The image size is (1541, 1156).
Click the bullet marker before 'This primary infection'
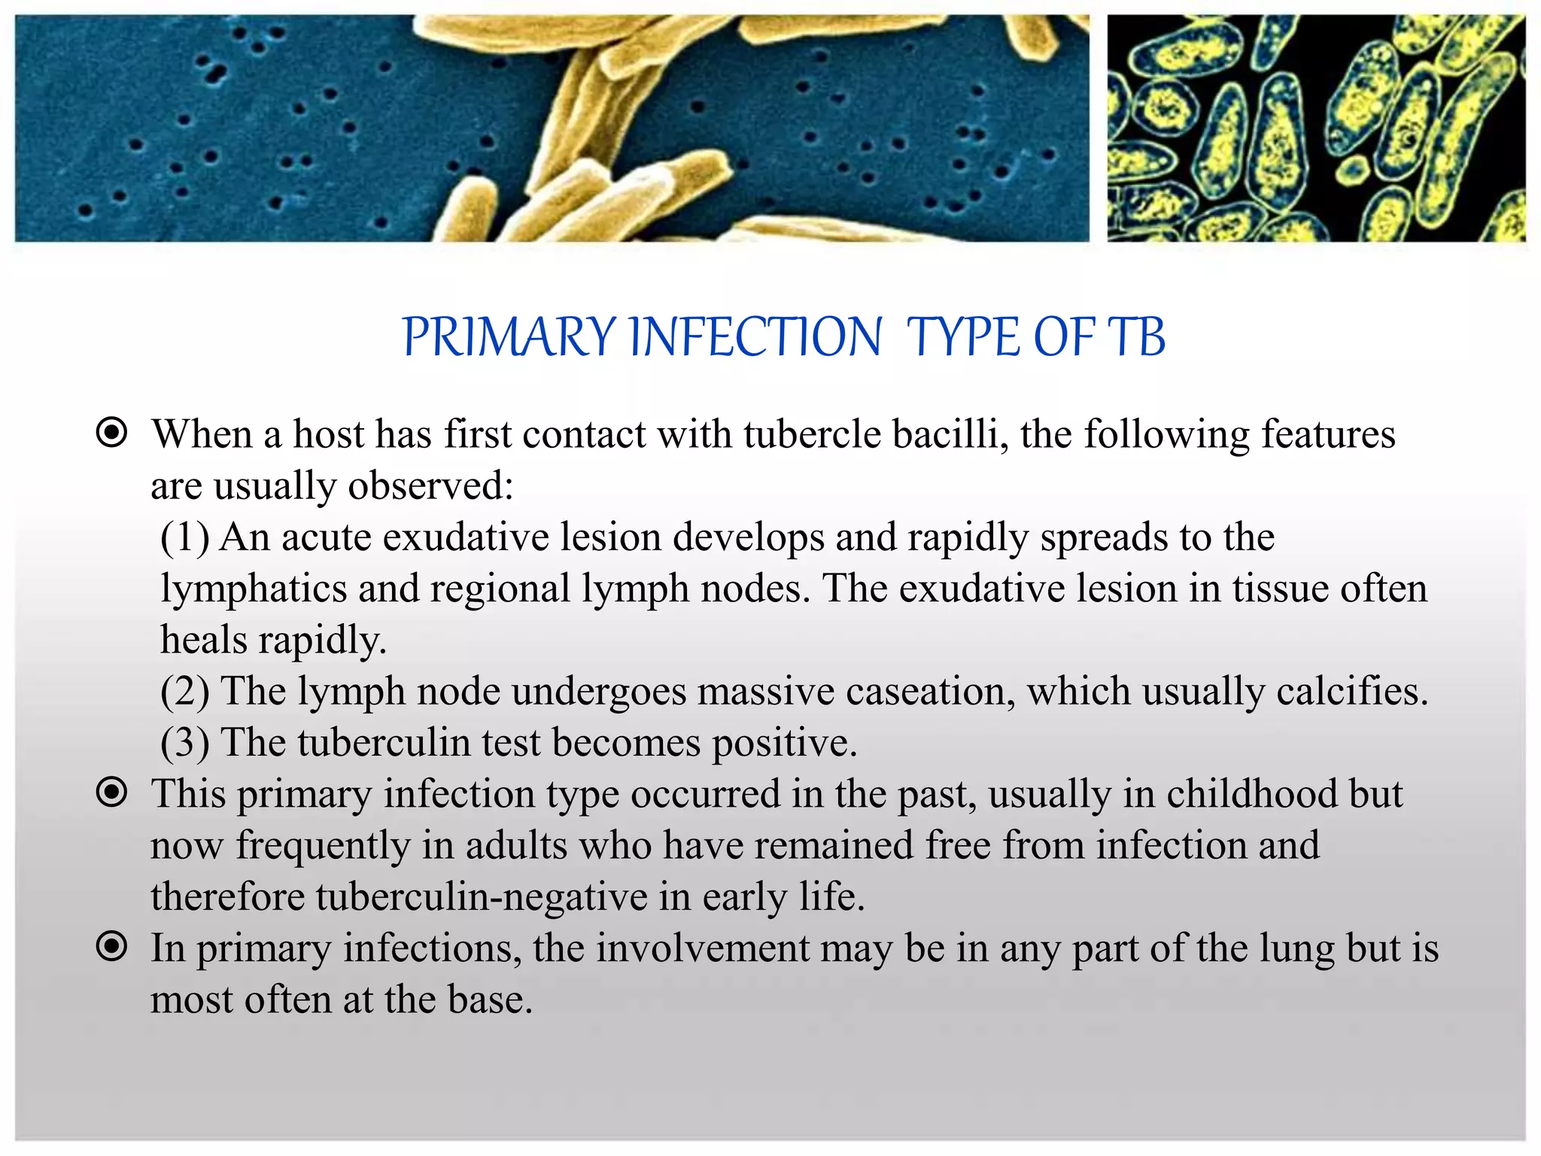pos(112,792)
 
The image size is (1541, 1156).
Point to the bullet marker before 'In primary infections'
pos(112,947)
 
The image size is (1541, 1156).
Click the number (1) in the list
pos(184,537)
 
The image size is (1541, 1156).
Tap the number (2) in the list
pos(184,692)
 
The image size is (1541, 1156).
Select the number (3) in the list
pos(184,743)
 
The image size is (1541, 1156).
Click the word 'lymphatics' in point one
pos(253,589)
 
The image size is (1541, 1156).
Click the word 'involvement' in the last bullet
pos(702,948)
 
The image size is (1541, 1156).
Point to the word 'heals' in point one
pos(204,640)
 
